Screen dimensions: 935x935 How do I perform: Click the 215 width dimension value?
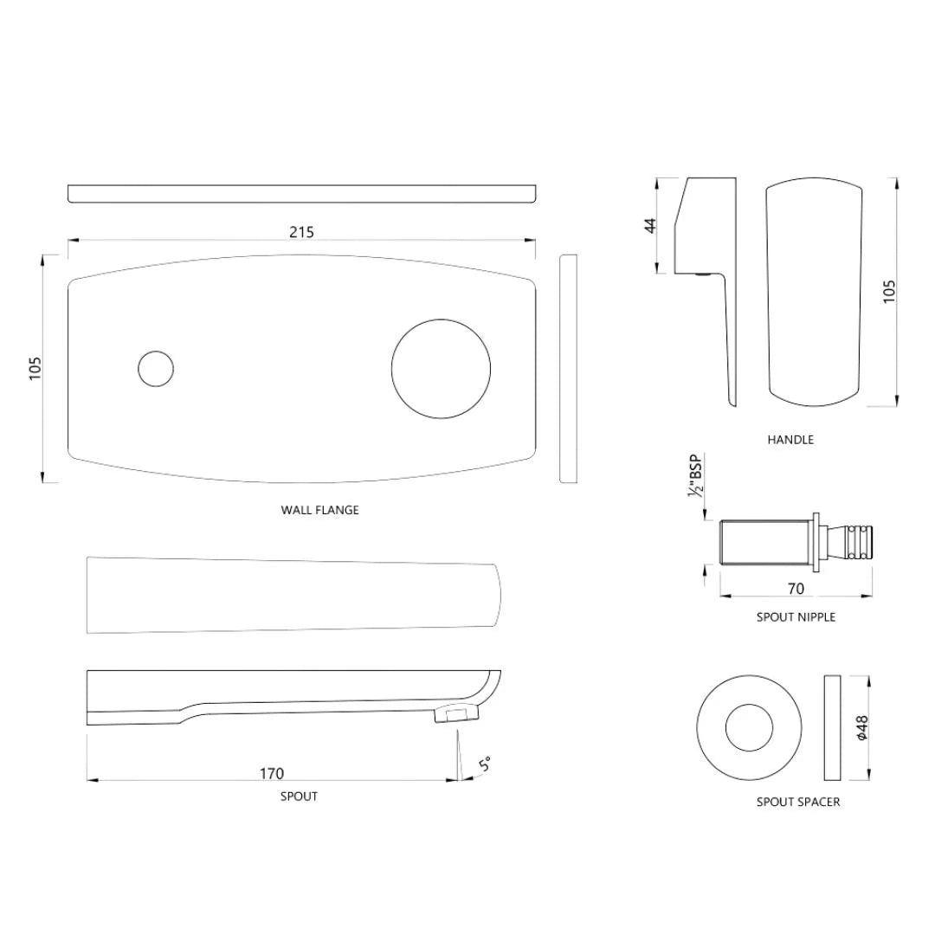pos(301,232)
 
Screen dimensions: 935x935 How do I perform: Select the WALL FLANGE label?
pos(319,510)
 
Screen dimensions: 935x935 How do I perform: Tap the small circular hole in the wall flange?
pos(156,369)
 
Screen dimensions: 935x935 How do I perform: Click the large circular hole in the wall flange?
pos(442,369)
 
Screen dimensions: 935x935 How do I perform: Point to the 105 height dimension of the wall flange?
pos(35,368)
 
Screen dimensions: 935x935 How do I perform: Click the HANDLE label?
pos(790,440)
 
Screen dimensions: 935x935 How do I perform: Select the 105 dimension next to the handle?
pos(890,291)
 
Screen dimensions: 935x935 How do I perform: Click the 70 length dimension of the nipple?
pos(796,589)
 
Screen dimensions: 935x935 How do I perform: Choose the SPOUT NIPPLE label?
pos(796,617)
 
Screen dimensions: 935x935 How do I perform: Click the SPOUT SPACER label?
pos(797,802)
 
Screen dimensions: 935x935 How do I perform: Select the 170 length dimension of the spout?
pos(272,773)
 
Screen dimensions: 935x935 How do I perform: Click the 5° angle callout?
pos(486,764)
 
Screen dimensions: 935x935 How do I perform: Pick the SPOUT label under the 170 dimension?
pos(299,796)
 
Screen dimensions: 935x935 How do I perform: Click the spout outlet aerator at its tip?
pos(455,713)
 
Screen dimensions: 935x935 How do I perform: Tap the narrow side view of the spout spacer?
pos(832,729)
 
